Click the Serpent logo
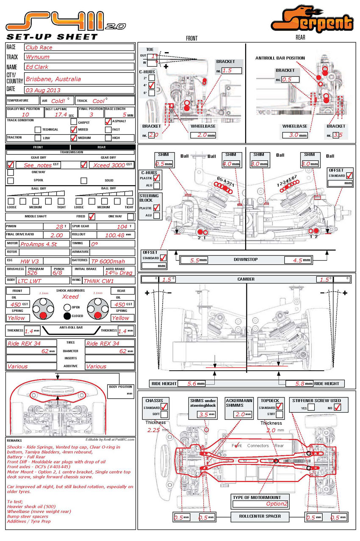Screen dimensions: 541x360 pos(313,19)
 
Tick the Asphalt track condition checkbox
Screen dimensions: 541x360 pos(108,122)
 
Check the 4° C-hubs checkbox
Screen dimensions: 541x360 pos(151,85)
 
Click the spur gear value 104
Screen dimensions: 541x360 pos(122,227)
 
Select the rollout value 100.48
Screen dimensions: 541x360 pos(114,235)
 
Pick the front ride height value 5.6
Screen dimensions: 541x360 pos(192,383)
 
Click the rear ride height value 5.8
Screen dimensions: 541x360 pos(299,383)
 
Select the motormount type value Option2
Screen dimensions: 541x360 pos(277,504)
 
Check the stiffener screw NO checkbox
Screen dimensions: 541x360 pos(337,407)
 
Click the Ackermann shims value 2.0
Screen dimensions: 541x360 pos(240,414)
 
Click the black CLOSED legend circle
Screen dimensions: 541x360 pos(67,316)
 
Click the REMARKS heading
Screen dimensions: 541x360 pos(14,441)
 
